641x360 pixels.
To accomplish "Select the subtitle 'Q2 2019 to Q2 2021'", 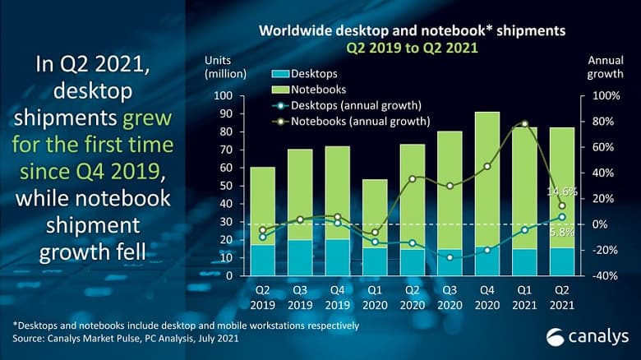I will click(x=412, y=48).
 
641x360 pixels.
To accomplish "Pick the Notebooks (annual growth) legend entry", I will click(x=348, y=121).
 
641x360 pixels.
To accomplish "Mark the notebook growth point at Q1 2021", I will click(x=524, y=124).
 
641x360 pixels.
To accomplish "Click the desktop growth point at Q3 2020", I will click(x=450, y=257).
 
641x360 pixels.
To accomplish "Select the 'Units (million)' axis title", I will click(x=225, y=67).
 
